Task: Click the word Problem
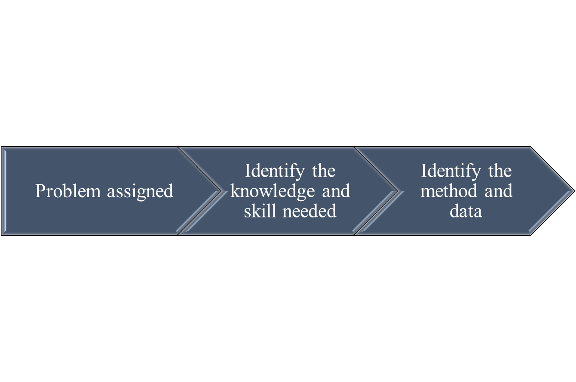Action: [x=67, y=191]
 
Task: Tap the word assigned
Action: [x=140, y=192]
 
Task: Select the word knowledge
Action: [x=273, y=192]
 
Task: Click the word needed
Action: [x=309, y=211]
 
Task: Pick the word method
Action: [x=448, y=191]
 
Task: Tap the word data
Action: [x=466, y=211]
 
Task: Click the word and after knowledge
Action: [x=336, y=191]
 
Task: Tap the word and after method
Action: [x=498, y=191]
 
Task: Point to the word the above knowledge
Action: [x=324, y=171]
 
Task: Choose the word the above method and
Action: [x=500, y=171]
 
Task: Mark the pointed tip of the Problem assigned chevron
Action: [x=221, y=191]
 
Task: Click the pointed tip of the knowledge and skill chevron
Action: [x=398, y=191]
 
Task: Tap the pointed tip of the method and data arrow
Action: [x=574, y=191]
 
